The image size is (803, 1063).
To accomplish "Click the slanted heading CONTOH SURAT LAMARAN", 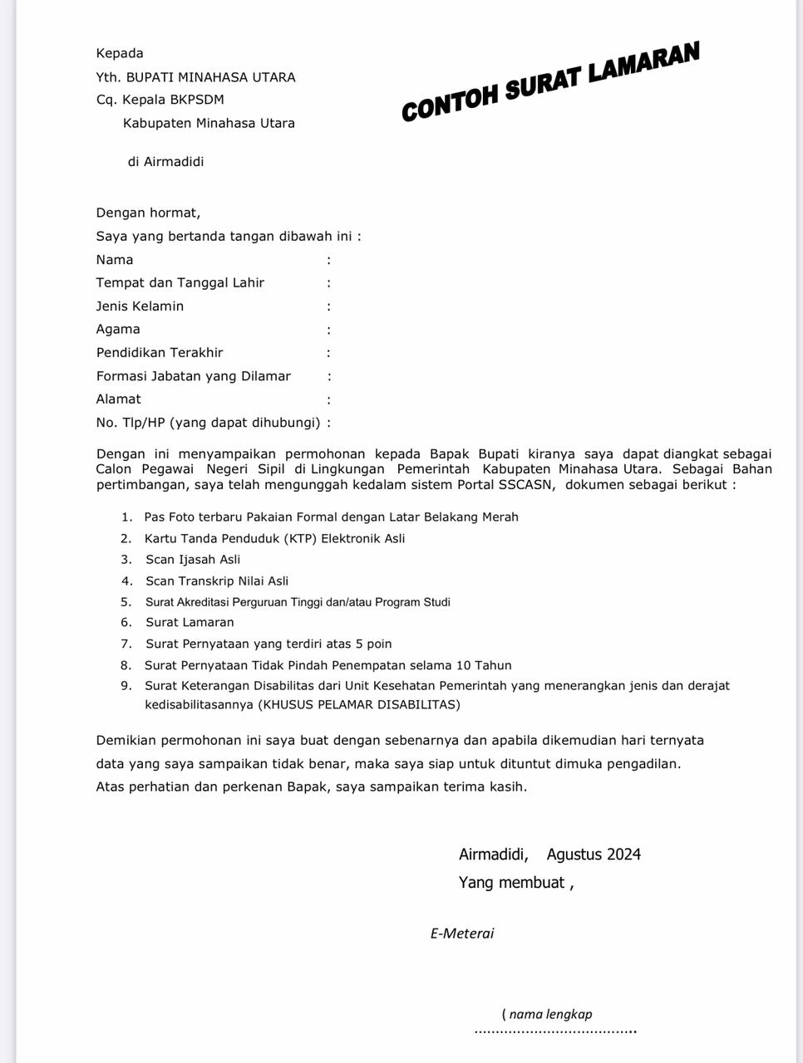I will click(550, 81).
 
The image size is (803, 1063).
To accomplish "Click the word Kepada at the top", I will click(120, 53).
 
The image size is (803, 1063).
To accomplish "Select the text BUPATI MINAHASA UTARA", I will click(210, 77).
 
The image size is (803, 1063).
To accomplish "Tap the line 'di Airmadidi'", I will click(165, 162).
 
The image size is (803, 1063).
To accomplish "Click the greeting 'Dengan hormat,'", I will click(148, 213).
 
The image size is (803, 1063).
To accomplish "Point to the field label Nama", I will click(114, 260).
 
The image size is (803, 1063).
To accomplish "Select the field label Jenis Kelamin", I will click(140, 306).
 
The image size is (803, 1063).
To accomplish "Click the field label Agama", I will click(118, 330).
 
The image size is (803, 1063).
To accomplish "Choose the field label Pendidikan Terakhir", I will click(160, 353).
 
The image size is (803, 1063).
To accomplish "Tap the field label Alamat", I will click(118, 399).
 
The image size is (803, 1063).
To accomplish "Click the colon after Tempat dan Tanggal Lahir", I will click(329, 283).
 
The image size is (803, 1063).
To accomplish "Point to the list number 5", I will click(126, 602).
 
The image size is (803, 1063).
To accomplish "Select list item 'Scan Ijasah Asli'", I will click(193, 560).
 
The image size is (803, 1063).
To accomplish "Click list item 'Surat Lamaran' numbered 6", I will click(190, 623).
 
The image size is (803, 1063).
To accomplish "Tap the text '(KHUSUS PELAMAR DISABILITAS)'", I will click(358, 705).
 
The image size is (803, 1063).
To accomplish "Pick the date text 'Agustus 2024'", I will click(594, 855).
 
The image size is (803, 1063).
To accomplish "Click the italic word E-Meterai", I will click(462, 933).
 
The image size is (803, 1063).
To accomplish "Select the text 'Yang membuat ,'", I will click(516, 883).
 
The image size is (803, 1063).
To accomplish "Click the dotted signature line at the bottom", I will click(554, 1031).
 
